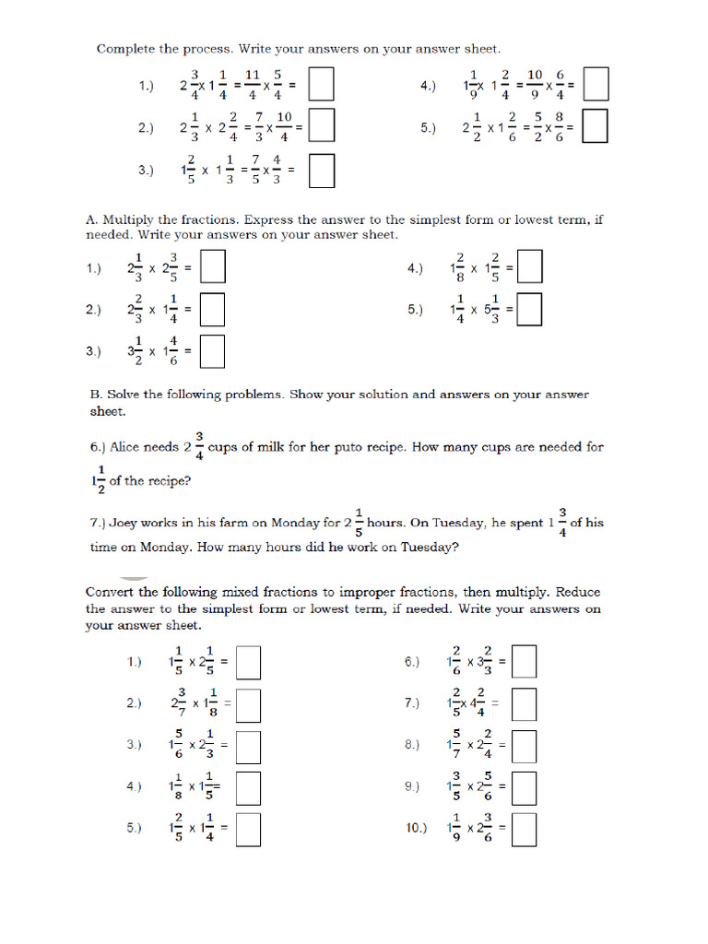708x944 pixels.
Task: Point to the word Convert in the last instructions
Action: click(x=111, y=592)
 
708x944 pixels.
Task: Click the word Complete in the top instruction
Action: click(x=125, y=49)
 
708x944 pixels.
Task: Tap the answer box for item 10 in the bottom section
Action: click(x=525, y=827)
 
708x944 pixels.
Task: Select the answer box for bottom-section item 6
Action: click(x=525, y=662)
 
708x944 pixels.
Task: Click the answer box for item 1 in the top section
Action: click(x=321, y=86)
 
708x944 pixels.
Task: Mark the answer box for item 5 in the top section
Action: click(x=596, y=127)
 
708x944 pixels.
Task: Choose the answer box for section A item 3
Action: click(x=213, y=350)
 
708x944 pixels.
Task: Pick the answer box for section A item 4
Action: click(x=530, y=268)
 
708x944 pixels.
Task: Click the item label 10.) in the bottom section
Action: click(x=416, y=828)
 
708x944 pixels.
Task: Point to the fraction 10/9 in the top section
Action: click(x=535, y=86)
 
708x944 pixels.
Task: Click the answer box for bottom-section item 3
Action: click(x=249, y=745)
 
